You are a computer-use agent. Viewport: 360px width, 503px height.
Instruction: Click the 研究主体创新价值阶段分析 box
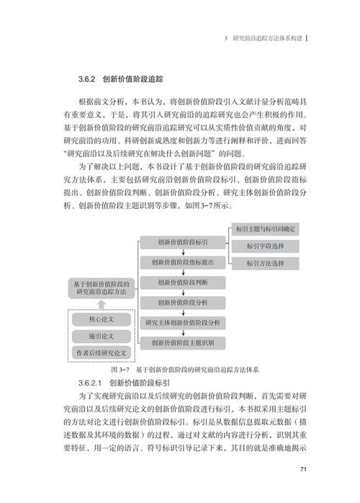[x=183, y=322]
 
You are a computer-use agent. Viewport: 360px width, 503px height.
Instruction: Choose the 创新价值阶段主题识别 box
[x=183, y=342]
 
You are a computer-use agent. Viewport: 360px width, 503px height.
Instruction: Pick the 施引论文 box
[x=101, y=336]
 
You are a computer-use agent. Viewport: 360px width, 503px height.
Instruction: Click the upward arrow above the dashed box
[x=100, y=305]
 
